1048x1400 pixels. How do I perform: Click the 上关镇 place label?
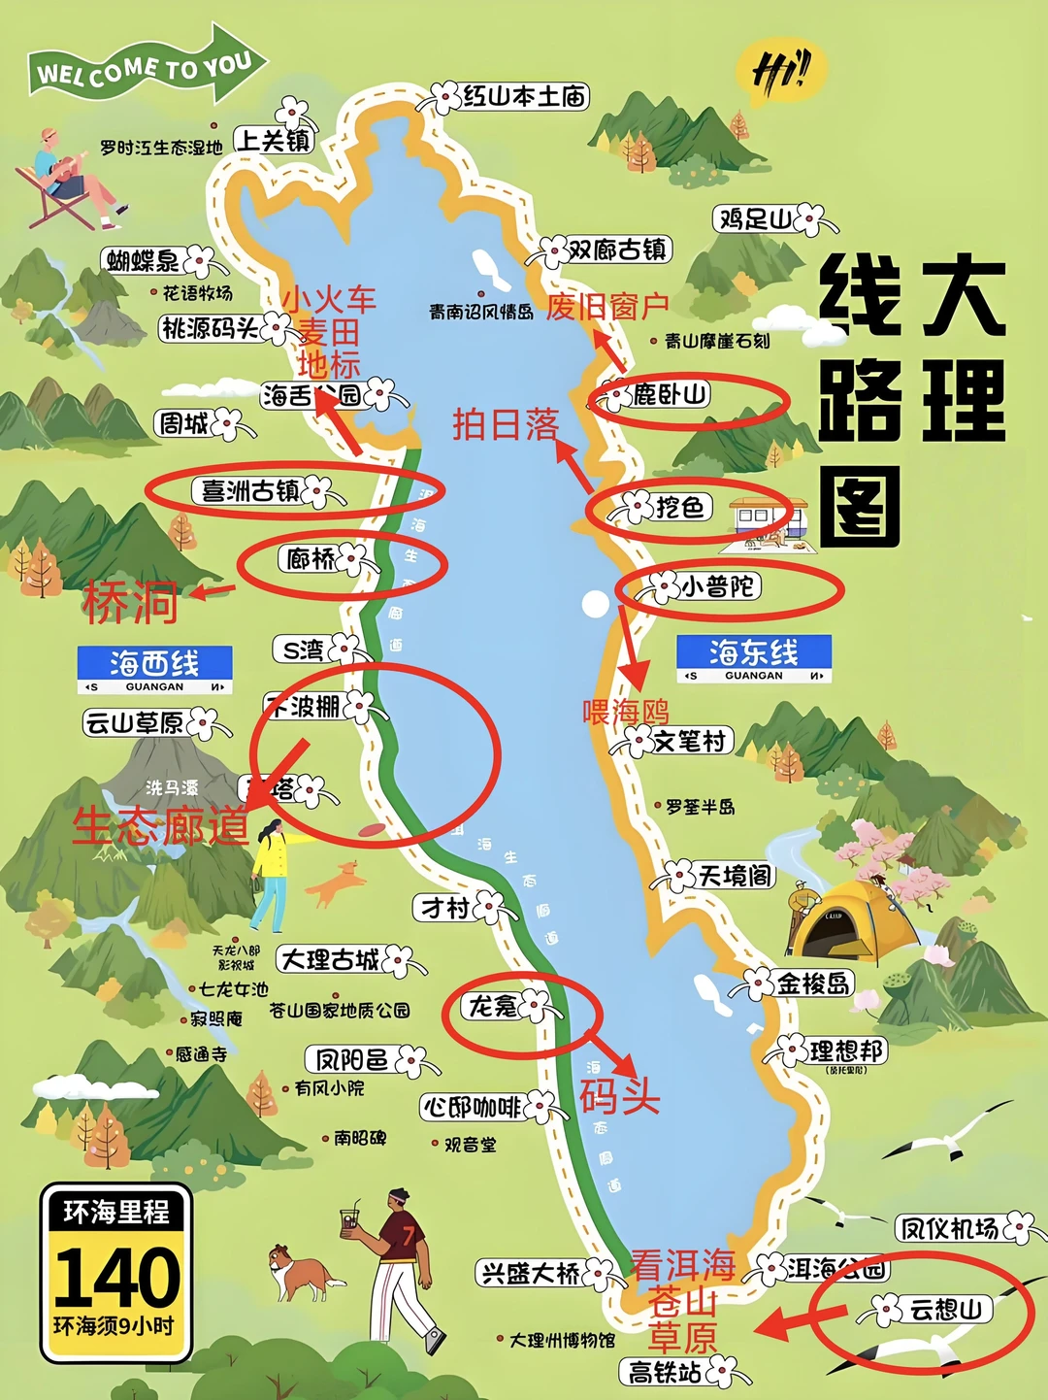tap(274, 141)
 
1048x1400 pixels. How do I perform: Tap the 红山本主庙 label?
tap(524, 96)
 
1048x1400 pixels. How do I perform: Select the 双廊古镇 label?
tap(617, 250)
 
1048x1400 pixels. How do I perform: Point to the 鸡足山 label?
tap(755, 219)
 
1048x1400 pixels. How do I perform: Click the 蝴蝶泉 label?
tap(144, 260)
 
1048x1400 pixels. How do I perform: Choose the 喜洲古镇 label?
tap(249, 491)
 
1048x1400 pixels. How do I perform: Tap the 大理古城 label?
tap(330, 960)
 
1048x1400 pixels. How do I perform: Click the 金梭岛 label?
tap(813, 983)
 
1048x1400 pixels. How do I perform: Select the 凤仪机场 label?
tap(949, 1228)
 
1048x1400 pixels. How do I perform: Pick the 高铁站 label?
tap(665, 1372)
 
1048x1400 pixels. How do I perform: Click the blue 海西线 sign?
tap(155, 669)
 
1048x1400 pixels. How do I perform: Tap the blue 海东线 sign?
tap(754, 658)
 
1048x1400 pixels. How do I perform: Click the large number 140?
tap(116, 1277)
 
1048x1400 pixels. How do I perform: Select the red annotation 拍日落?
tap(506, 424)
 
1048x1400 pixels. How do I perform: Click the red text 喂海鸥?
tap(625, 712)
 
